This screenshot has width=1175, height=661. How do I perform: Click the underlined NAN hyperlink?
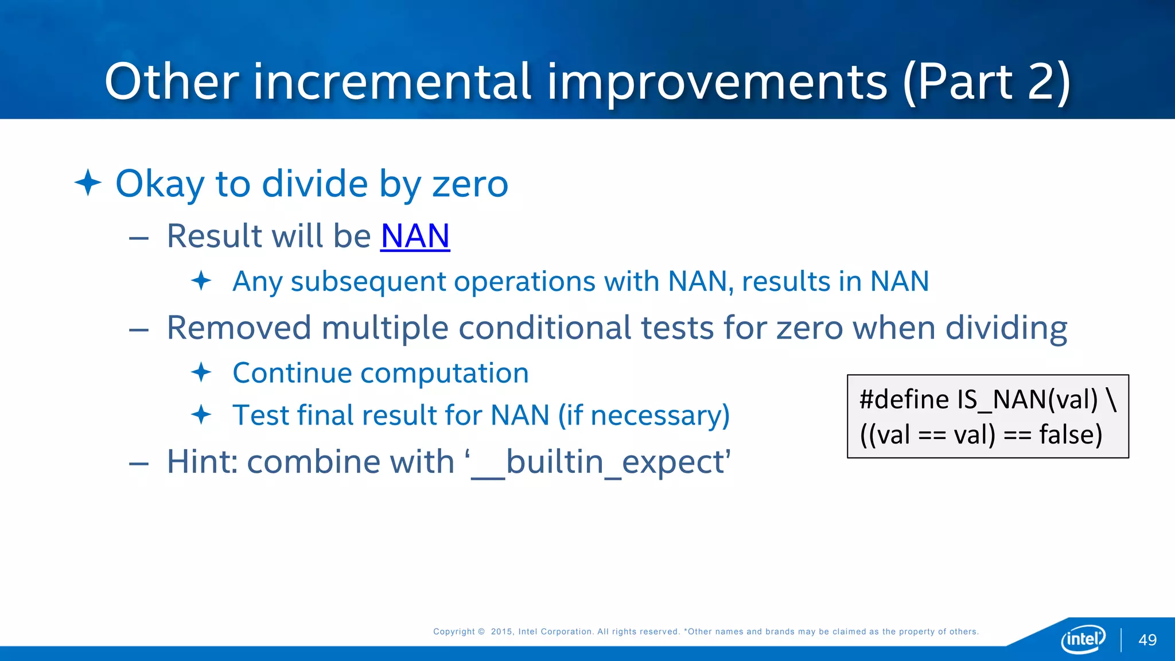[x=415, y=236]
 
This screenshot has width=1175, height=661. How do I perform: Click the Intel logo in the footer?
[x=1083, y=639]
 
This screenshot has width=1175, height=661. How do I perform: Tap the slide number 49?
[x=1147, y=640]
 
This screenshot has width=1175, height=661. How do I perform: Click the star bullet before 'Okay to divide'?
[x=88, y=183]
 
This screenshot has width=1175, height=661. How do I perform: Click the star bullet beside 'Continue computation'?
[x=201, y=372]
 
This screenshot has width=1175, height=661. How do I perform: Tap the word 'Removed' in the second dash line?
[x=238, y=328]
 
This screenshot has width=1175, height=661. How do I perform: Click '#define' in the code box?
[x=904, y=399]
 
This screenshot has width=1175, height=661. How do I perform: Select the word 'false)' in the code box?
[x=1071, y=435]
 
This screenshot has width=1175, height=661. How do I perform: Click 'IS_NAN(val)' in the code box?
[x=1027, y=399]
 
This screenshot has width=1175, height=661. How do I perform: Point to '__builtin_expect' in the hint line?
[x=600, y=462]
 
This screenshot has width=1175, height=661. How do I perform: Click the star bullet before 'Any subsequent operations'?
[x=201, y=281]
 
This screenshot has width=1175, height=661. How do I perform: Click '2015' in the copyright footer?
[x=501, y=632]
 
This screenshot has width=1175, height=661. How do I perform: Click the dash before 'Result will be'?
[x=139, y=238]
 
